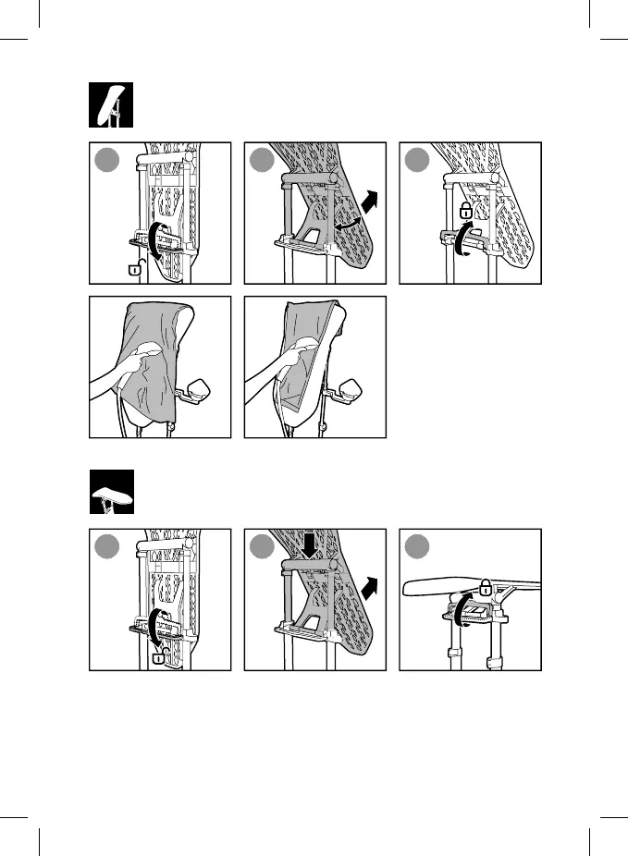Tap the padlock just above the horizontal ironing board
click(485, 584)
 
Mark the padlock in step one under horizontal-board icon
click(159, 657)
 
